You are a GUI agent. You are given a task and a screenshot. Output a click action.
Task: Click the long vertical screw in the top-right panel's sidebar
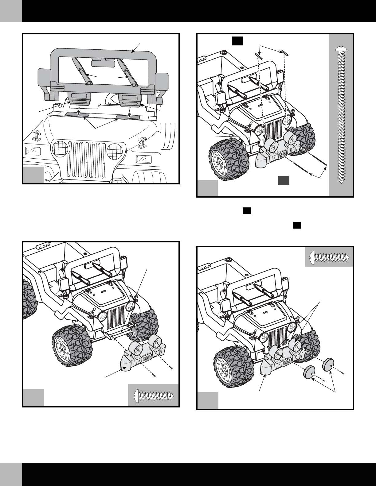pyautogui.click(x=341, y=115)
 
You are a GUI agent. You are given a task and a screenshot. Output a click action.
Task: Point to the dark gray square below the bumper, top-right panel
pyautogui.click(x=284, y=181)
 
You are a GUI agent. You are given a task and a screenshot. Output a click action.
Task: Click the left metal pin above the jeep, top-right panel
pyautogui.click(x=258, y=55)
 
